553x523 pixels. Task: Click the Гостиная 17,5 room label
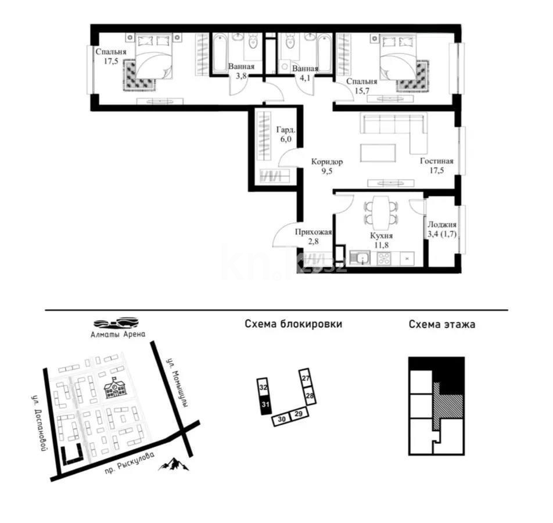coord(437,166)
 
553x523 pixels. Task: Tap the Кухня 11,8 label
coord(382,241)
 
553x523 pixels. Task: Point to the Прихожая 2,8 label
coord(313,237)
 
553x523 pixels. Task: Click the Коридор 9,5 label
coord(326,167)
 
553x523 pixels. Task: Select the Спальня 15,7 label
coord(362,87)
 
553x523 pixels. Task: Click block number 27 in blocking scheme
coord(306,377)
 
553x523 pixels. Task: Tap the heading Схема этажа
coord(441,324)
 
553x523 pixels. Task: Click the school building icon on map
coord(115,388)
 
